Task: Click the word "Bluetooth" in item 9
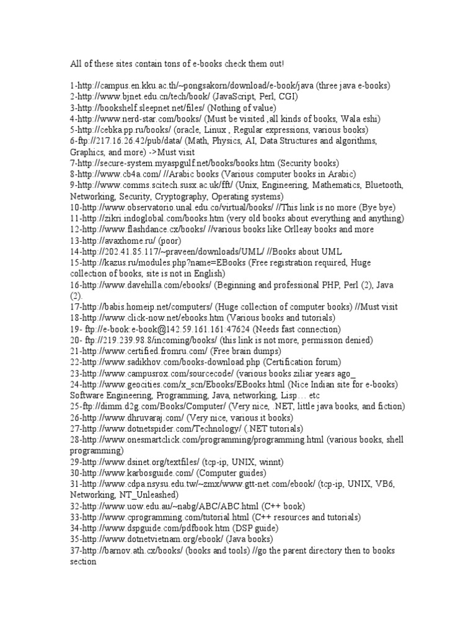[x=381, y=185]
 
